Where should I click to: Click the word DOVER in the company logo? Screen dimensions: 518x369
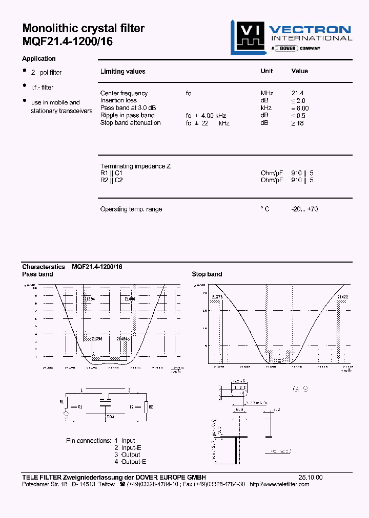pyautogui.click(x=287, y=48)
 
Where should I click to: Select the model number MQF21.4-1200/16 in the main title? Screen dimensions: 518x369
pyautogui.click(x=67, y=42)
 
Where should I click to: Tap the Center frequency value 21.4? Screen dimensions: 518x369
pyautogui.click(x=298, y=93)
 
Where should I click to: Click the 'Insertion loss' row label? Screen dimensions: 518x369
pyautogui.click(x=118, y=100)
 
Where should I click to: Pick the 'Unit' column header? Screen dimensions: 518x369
pyautogui.click(x=266, y=71)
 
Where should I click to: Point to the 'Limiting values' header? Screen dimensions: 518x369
pyautogui.click(x=122, y=72)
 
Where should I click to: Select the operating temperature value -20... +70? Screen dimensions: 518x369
pyautogui.click(x=304, y=209)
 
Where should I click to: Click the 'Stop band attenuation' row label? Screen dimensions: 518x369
pyautogui.click(x=130, y=123)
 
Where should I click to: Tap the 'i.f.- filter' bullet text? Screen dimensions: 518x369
pyautogui.click(x=42, y=88)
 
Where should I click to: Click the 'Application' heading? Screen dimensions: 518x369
pyautogui.click(x=39, y=59)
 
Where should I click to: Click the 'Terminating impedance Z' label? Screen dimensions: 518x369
pyautogui.click(x=135, y=166)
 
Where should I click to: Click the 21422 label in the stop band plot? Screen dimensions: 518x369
pyautogui.click(x=343, y=296)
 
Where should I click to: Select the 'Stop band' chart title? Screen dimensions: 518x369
pyautogui.click(x=207, y=274)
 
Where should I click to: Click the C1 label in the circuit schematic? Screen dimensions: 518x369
pyautogui.click(x=79, y=406)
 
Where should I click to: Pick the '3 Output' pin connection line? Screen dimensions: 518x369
pyautogui.click(x=127, y=455)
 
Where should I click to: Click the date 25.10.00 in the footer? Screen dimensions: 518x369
pyautogui.click(x=311, y=477)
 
